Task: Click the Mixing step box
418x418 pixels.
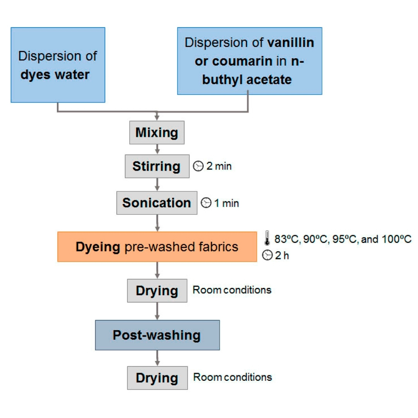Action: pos(156,133)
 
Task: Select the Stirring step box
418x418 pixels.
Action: pos(156,167)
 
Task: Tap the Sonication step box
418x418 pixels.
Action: pos(156,203)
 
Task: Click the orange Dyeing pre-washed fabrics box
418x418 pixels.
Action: pos(157,247)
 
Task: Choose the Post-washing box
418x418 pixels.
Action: pos(157,335)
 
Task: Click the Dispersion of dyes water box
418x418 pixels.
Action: pos(58,65)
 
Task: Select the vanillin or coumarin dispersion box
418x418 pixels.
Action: pos(249,61)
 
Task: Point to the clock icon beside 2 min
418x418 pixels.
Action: pos(197,167)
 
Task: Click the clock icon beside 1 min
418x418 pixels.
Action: pos(207,203)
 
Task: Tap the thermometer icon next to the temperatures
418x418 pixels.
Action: pos(266,239)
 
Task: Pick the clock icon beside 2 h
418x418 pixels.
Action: pos(267,254)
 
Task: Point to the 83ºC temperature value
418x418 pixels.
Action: pos(284,239)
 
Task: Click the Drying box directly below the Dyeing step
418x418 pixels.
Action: pos(156,291)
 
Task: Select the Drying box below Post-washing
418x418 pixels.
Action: pos(156,377)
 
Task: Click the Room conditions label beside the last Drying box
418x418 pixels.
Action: pos(232,377)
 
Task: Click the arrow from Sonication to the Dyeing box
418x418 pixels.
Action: pos(156,223)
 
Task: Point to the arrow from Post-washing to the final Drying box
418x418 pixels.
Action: pos(156,358)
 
